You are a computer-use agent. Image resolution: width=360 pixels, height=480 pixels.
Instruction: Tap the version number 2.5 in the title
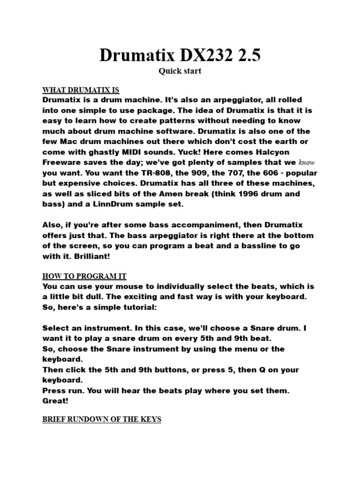[246, 56]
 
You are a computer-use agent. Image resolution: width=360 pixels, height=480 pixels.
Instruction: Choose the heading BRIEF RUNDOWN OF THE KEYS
[102, 420]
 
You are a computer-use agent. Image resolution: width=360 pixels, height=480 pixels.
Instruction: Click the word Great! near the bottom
[55, 401]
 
